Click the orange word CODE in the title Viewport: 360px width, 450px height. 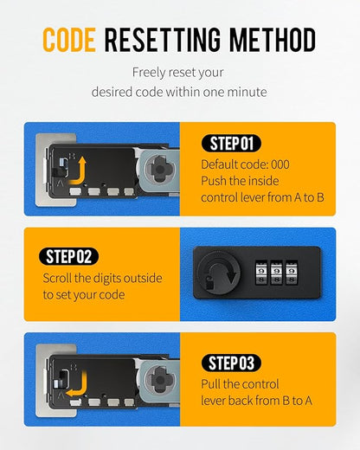tap(69, 40)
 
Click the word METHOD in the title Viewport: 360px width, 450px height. tap(273, 40)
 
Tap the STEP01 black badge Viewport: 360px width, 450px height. tap(231, 144)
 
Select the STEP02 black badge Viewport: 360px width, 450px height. tap(68, 256)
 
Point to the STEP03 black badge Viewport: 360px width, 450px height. tap(231, 363)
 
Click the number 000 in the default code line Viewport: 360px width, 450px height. tap(280, 164)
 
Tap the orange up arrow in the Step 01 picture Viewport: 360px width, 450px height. tap(79, 171)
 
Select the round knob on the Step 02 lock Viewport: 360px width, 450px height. tap(219, 273)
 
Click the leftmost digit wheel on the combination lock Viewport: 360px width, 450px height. tap(261, 273)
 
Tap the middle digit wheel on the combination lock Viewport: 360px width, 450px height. tap(276, 273)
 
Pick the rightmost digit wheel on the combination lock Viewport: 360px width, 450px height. tap(292, 273)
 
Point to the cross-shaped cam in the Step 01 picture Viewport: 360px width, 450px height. tap(159, 170)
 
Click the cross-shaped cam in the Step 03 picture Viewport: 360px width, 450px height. tap(159, 379)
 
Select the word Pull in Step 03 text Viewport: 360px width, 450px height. tap(211, 384)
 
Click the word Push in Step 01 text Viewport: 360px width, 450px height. tap(213, 181)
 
